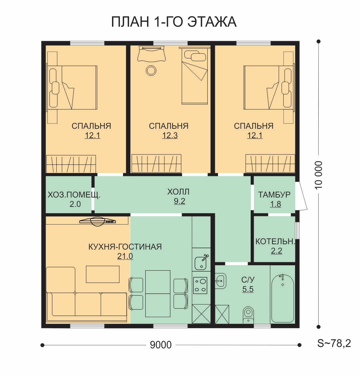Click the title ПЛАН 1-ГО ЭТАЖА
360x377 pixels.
point(174,22)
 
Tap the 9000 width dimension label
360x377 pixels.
point(161,345)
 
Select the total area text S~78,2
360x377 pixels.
point(334,343)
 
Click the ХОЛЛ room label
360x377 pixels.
point(178,192)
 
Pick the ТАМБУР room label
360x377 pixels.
point(274,194)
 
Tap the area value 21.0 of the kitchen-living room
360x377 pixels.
point(125,256)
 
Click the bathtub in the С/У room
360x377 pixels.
point(282,298)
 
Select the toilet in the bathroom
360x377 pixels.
point(248,315)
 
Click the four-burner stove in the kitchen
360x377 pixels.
point(200,285)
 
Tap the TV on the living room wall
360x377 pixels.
point(98,221)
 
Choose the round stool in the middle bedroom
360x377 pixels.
point(151,70)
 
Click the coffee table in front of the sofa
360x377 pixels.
point(103,274)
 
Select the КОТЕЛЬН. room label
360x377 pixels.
point(275,242)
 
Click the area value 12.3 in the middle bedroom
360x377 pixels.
point(170,135)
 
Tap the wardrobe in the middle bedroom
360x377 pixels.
point(156,163)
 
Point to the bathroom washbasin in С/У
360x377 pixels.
point(220,281)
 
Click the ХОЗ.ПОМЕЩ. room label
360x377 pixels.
point(74,195)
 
